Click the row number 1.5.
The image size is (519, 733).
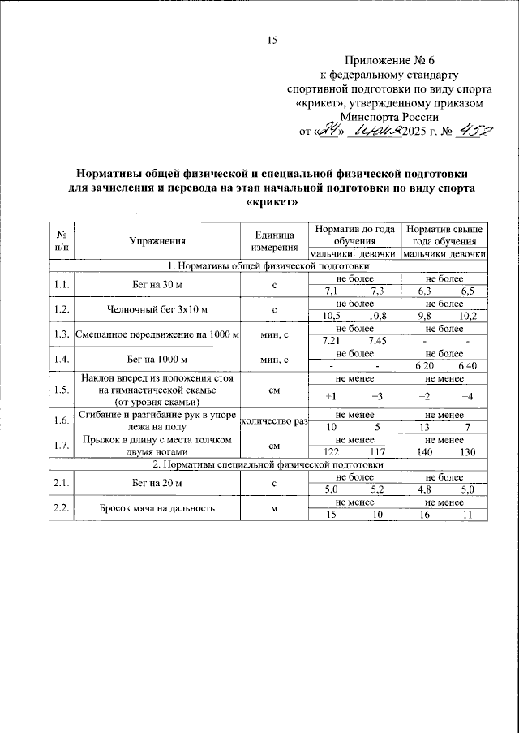[x=61, y=390]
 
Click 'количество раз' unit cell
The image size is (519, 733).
[x=276, y=421]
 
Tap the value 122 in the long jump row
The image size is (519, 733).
[x=331, y=452]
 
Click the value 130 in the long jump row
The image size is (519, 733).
[x=468, y=452]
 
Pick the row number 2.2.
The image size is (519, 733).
[x=61, y=508]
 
